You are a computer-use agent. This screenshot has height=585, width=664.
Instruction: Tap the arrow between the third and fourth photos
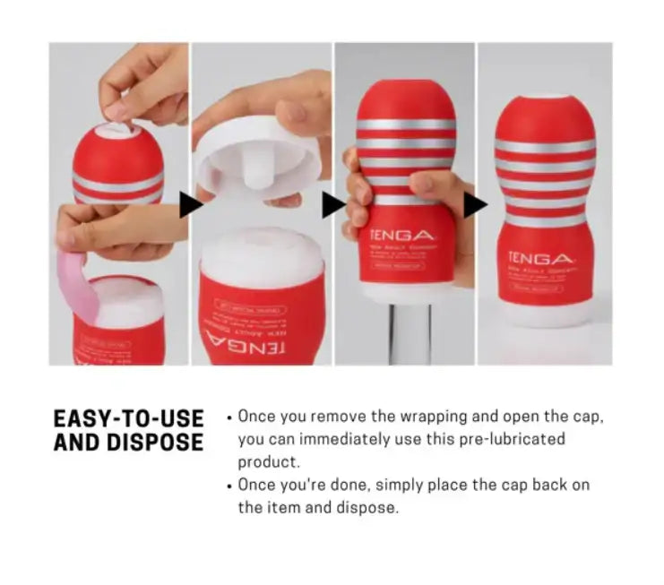coord(476,204)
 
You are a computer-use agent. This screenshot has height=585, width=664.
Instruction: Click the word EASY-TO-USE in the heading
coord(128,418)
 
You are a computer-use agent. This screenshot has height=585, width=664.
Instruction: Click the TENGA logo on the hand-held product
coord(398,235)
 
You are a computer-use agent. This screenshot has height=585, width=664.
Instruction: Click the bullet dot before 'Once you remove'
coord(230,418)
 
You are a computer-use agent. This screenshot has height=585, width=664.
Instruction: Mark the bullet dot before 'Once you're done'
coord(230,486)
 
